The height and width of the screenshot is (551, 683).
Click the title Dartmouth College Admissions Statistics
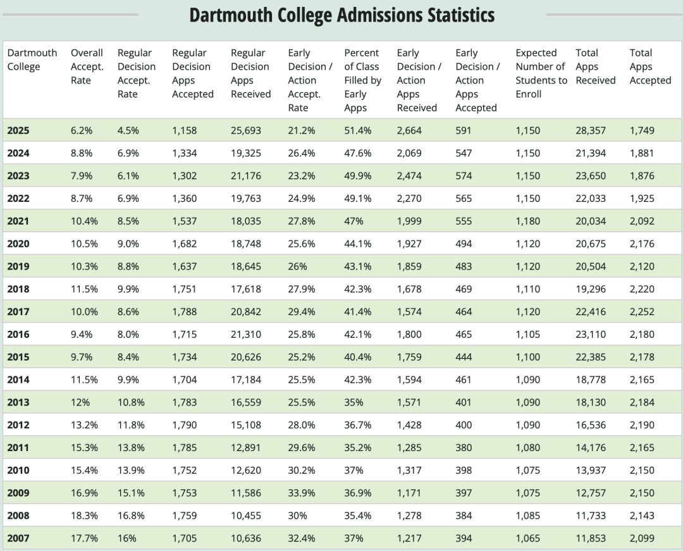(x=341, y=15)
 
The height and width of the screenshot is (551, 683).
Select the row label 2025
(x=18, y=130)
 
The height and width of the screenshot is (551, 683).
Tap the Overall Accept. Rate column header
(x=87, y=66)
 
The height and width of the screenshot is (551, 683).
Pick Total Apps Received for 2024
(x=591, y=153)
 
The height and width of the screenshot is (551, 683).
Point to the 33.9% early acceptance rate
(x=302, y=493)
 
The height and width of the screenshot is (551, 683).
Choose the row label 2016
(x=18, y=334)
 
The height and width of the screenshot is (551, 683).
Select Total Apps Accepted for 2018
(x=642, y=289)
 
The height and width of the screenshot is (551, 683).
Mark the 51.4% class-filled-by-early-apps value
(x=358, y=130)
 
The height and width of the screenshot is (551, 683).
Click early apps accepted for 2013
(x=464, y=402)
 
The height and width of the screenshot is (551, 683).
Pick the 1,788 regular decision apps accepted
(x=185, y=311)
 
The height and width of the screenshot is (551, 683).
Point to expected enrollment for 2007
(x=528, y=538)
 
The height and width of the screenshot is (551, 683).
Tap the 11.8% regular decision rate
(x=131, y=425)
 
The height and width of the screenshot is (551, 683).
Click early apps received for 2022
(x=409, y=198)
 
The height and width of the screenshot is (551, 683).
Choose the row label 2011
(x=18, y=447)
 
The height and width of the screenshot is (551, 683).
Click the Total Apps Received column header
(x=595, y=66)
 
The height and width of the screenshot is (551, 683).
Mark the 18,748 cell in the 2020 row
(x=246, y=244)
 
